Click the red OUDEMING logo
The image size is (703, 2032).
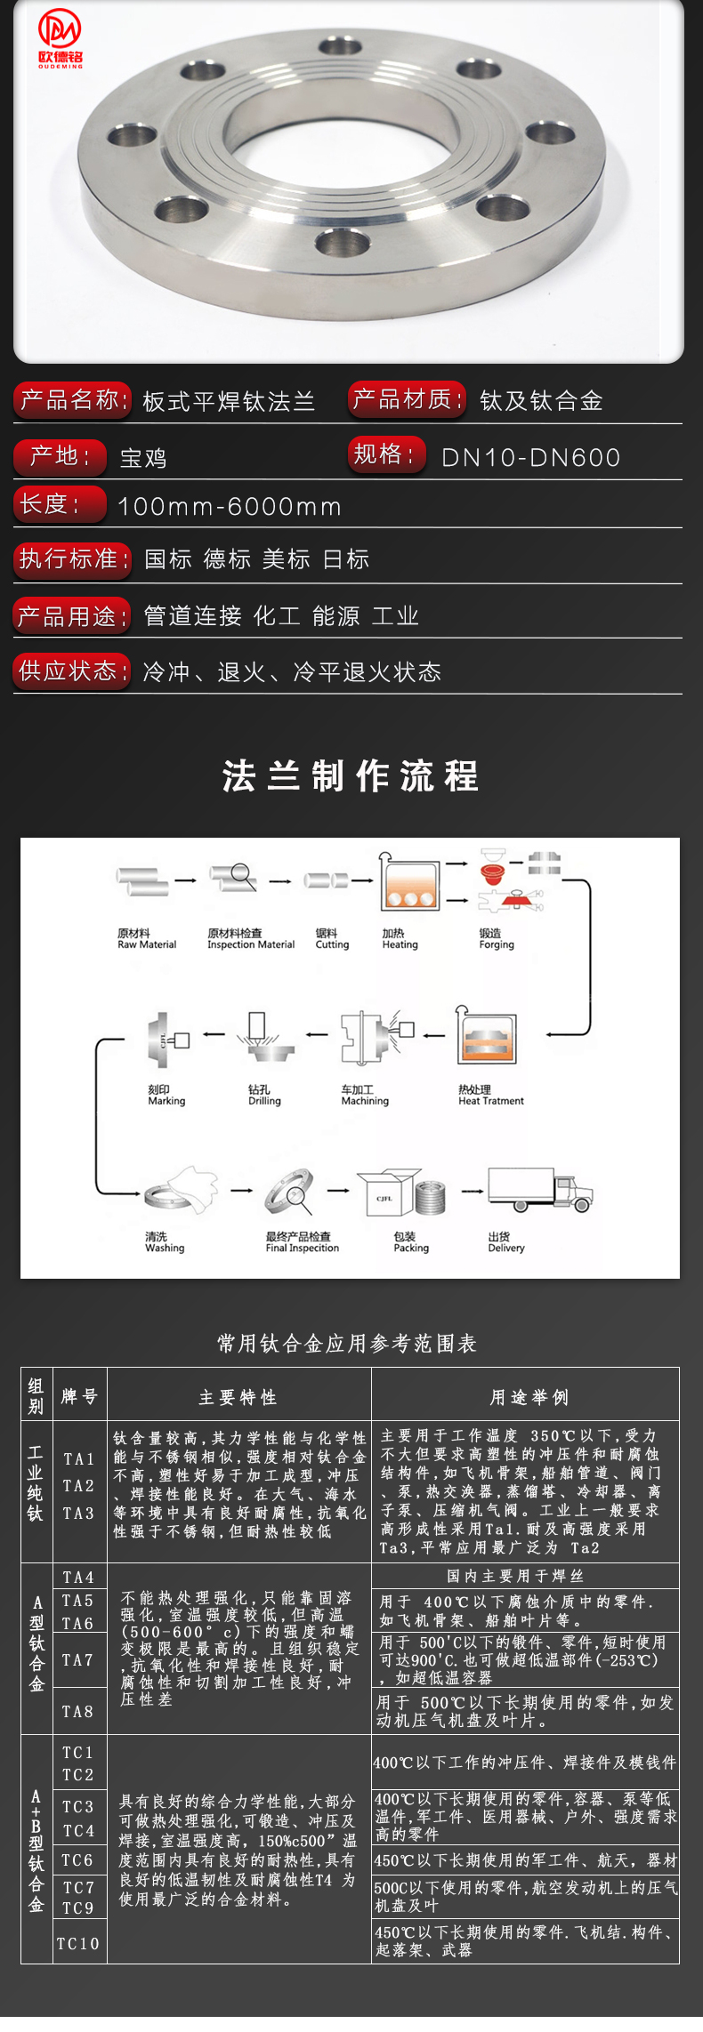pos(60,39)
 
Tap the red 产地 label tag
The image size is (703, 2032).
pos(59,456)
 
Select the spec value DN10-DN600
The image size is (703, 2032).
pos(530,458)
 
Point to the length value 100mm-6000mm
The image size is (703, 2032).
pos(230,507)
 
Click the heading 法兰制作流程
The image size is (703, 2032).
pos(351,775)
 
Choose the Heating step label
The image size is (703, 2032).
pos(400,940)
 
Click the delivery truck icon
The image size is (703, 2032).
pos(539,1190)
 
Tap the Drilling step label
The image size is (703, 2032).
pos(264,1096)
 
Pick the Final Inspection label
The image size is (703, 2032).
pos(302,1242)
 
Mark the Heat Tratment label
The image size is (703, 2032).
pos(490,1096)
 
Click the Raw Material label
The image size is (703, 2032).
pos(147,940)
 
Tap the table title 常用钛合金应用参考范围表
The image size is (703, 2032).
pos(347,1343)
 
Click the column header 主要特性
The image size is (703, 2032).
pos(238,1398)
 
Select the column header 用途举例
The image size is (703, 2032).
pos(529,1398)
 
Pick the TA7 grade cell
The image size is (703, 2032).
pos(78,1660)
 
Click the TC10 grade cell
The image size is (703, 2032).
pos(78,1944)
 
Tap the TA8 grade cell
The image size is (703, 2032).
pos(78,1711)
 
